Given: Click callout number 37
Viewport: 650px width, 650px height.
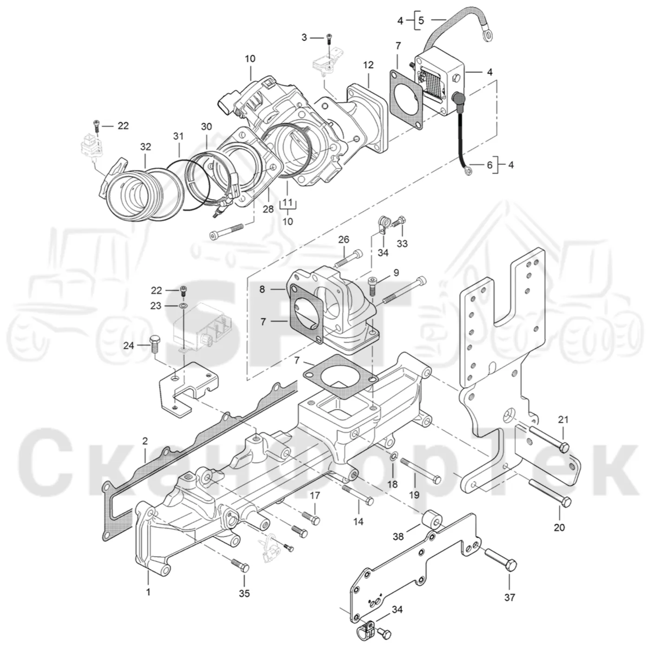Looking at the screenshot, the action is tap(510, 598).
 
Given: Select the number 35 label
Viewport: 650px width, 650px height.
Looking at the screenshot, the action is tap(244, 593).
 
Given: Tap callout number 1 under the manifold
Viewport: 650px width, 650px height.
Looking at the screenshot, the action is tap(148, 591).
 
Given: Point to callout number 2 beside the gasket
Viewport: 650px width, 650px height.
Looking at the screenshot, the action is tap(145, 441).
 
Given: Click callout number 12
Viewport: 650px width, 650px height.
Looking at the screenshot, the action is tap(368, 65).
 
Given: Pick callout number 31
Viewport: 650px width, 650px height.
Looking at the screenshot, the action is tap(178, 136).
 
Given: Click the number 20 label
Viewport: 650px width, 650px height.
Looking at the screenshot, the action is tap(559, 527).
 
